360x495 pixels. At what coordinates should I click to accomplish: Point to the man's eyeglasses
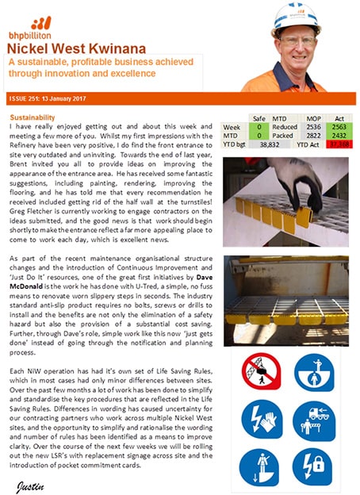tap(294, 40)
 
